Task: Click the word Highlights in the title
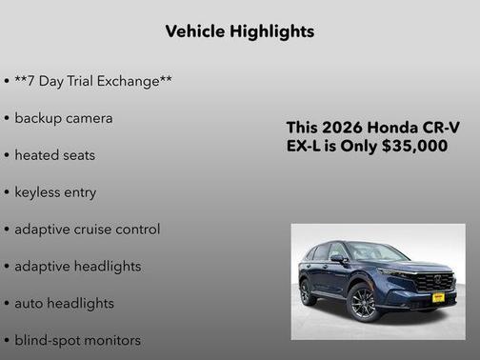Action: (270, 31)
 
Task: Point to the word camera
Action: (90, 118)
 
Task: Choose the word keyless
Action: (37, 192)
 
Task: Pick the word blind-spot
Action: (48, 340)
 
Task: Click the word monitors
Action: (112, 340)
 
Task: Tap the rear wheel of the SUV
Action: (306, 290)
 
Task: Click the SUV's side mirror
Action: (339, 258)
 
